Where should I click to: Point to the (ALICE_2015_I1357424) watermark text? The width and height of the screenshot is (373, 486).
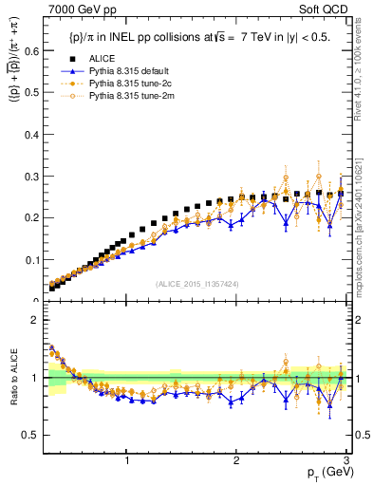(196, 284)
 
